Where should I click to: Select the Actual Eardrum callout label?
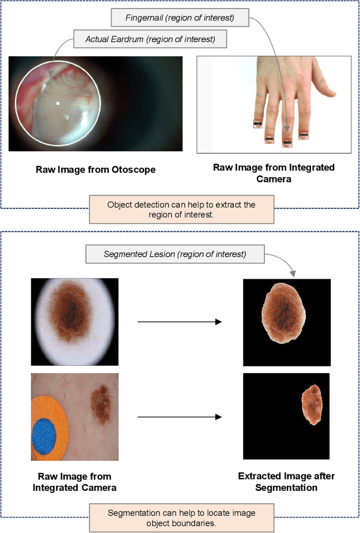click(x=150, y=39)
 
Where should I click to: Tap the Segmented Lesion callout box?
click(x=175, y=254)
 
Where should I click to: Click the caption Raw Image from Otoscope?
click(x=96, y=169)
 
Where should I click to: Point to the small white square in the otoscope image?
click(x=58, y=103)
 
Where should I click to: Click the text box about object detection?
click(x=182, y=209)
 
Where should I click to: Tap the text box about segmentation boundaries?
click(x=182, y=518)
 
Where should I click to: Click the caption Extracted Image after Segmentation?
click(x=286, y=482)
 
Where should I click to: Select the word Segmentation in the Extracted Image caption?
click(x=286, y=487)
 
